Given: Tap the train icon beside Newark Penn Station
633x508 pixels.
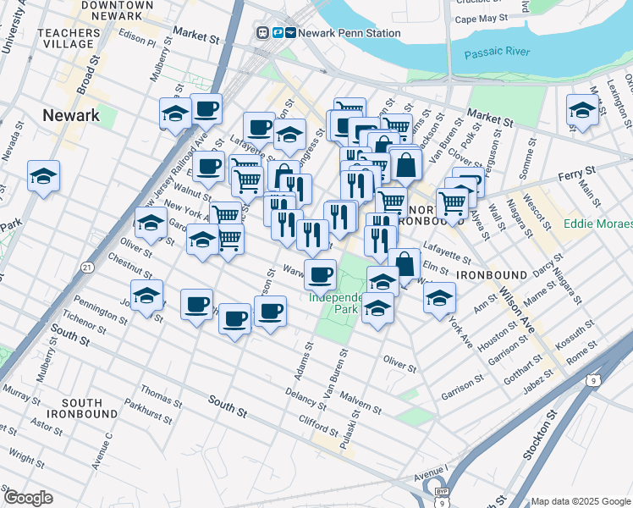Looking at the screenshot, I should (x=277, y=33).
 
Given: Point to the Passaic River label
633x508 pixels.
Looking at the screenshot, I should (x=497, y=52).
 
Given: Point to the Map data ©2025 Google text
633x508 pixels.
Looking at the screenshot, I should (x=581, y=501).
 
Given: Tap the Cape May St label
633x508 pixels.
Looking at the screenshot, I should (x=481, y=18).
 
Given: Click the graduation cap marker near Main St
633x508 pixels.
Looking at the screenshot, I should (x=581, y=110).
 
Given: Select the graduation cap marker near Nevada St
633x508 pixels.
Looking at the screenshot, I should (x=43, y=176).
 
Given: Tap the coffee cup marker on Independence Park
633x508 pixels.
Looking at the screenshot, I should (x=320, y=275).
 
